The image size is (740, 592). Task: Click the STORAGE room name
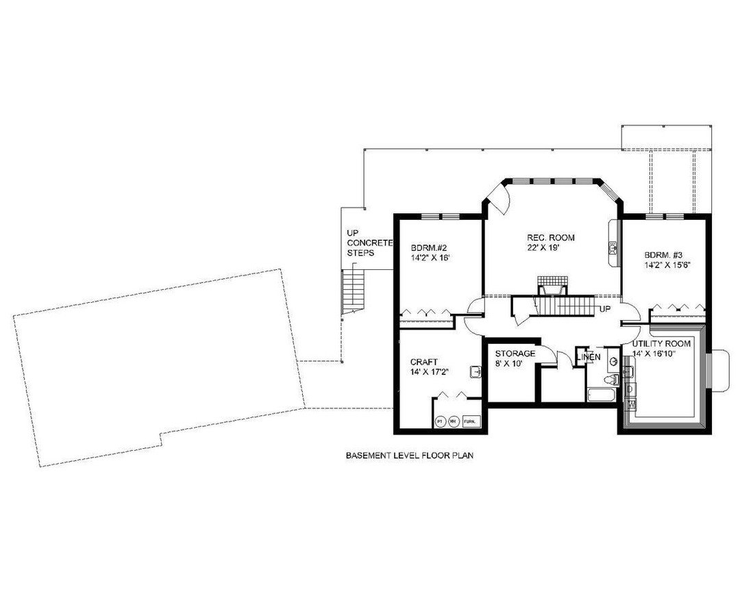tap(515, 354)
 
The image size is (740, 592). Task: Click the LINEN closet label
tap(589, 358)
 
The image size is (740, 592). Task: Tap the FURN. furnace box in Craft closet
tap(471, 421)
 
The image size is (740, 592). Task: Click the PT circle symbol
tap(439, 421)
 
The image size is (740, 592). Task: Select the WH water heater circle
tap(453, 421)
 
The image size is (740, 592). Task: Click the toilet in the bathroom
tap(612, 378)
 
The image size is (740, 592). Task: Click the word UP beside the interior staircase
tap(605, 309)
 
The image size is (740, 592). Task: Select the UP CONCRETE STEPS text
tap(369, 243)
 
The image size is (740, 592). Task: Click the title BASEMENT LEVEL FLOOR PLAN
tap(410, 454)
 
